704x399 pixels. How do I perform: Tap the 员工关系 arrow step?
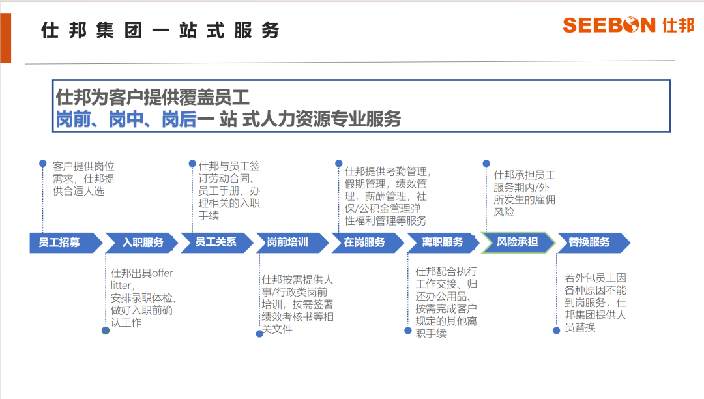(x=217, y=243)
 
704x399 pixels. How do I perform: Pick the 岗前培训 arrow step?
(x=293, y=243)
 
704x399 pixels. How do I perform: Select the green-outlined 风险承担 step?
(x=519, y=243)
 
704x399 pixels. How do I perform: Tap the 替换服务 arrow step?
(x=594, y=243)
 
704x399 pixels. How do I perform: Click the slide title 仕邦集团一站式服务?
(x=160, y=31)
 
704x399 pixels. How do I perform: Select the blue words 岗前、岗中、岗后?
(x=126, y=119)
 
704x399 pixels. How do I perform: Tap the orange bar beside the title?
(x=5, y=38)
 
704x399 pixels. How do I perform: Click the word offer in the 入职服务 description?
(x=162, y=273)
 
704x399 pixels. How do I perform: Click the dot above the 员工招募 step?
(x=42, y=164)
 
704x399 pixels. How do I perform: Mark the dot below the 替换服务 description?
(x=556, y=331)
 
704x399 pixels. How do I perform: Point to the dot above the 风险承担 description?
(x=486, y=164)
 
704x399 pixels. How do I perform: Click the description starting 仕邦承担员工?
(x=524, y=194)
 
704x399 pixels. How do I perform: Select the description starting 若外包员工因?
(x=595, y=303)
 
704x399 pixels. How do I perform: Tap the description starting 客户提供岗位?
(x=83, y=179)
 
